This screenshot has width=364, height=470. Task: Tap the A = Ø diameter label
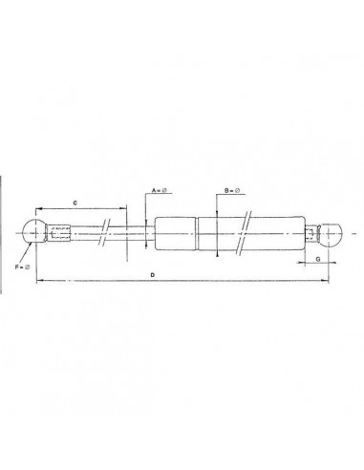click(x=160, y=191)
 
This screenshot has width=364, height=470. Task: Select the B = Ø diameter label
click(x=230, y=191)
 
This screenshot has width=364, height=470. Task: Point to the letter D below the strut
click(x=153, y=275)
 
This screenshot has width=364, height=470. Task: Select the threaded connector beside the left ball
click(x=59, y=231)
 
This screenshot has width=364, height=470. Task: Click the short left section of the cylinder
click(x=176, y=231)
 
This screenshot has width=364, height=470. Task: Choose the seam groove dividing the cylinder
click(x=198, y=231)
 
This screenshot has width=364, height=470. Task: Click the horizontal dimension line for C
click(x=81, y=208)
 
